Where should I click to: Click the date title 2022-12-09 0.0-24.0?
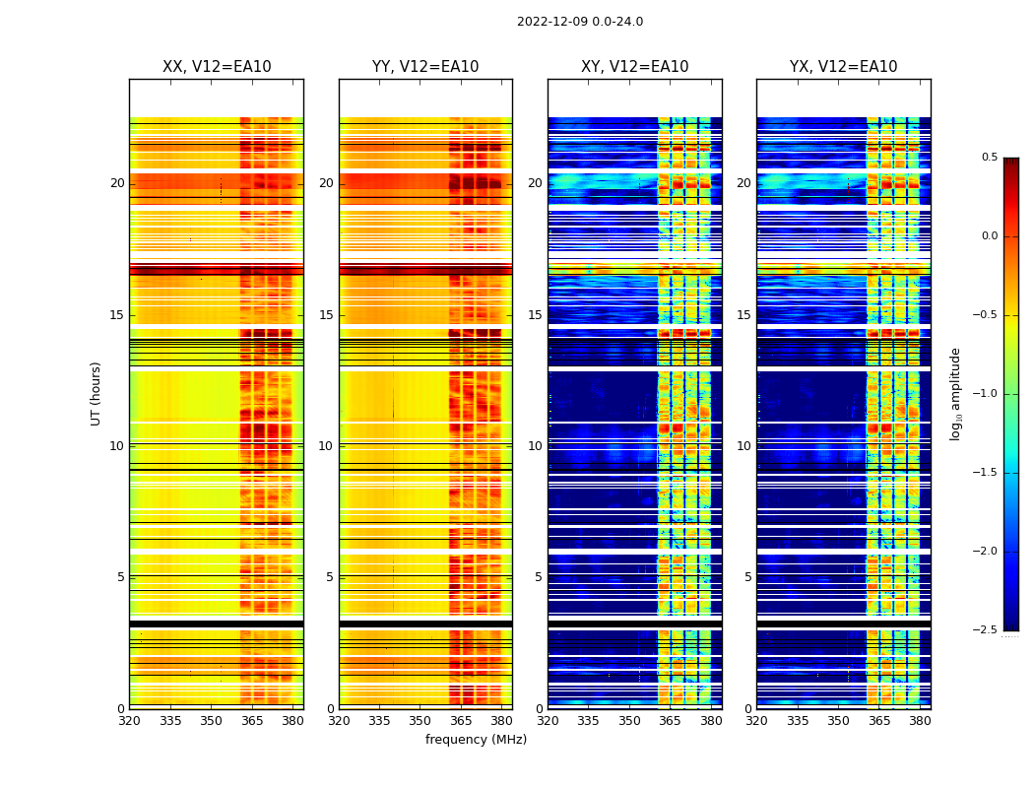(579, 22)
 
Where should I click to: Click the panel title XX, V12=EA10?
(217, 67)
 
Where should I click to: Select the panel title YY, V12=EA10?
(425, 67)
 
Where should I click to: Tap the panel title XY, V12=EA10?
(634, 67)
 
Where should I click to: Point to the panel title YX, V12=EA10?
(843, 67)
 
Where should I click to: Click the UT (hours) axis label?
(96, 393)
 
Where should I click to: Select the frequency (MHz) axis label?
(476, 740)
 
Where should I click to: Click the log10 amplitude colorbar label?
(955, 393)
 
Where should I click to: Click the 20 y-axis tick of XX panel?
(117, 183)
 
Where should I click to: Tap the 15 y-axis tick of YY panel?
(327, 315)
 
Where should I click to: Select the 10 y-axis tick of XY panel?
(536, 446)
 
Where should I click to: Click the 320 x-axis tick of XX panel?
(129, 721)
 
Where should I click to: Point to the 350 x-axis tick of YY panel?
(420, 721)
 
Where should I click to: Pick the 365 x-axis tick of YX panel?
(878, 721)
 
